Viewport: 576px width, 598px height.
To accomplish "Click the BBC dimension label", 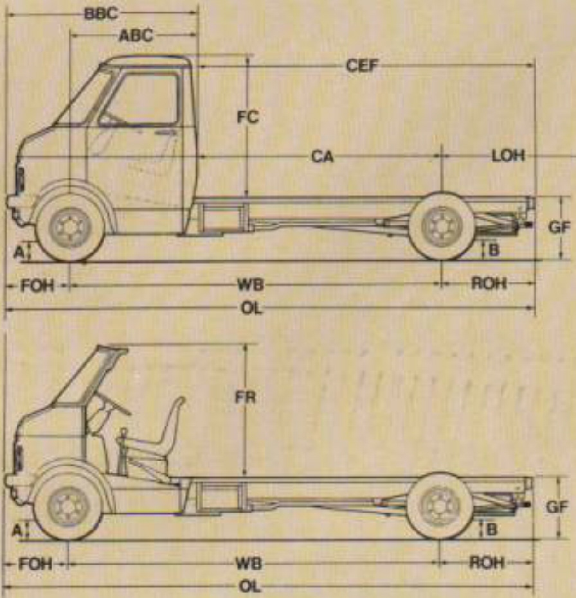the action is tap(101, 13).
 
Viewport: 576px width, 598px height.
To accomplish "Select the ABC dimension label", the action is tap(136, 35).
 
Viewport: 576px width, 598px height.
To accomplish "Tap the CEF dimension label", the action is tap(362, 66).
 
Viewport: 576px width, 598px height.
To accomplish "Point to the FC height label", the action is tap(248, 117).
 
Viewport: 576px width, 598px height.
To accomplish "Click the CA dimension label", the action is tap(323, 156).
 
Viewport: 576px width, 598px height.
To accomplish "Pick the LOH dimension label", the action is tap(508, 155).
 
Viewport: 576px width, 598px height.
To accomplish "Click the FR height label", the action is tap(246, 398).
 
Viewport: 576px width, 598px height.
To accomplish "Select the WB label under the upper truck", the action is tap(251, 285).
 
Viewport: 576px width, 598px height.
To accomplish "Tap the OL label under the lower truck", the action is tap(250, 586).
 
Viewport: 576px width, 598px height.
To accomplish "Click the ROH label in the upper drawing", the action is tap(489, 283).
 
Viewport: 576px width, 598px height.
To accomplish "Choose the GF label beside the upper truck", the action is tap(559, 227).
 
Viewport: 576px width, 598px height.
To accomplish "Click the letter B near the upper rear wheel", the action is tap(494, 251).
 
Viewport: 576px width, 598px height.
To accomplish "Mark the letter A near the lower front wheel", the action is tap(17, 530).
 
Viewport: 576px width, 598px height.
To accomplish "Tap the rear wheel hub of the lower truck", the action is tap(438, 506).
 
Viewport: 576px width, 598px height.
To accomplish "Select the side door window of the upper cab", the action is tap(139, 98).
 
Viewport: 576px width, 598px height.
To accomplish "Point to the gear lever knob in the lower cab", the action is tap(123, 432).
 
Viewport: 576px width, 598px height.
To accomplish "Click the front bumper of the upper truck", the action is tap(12, 202).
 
